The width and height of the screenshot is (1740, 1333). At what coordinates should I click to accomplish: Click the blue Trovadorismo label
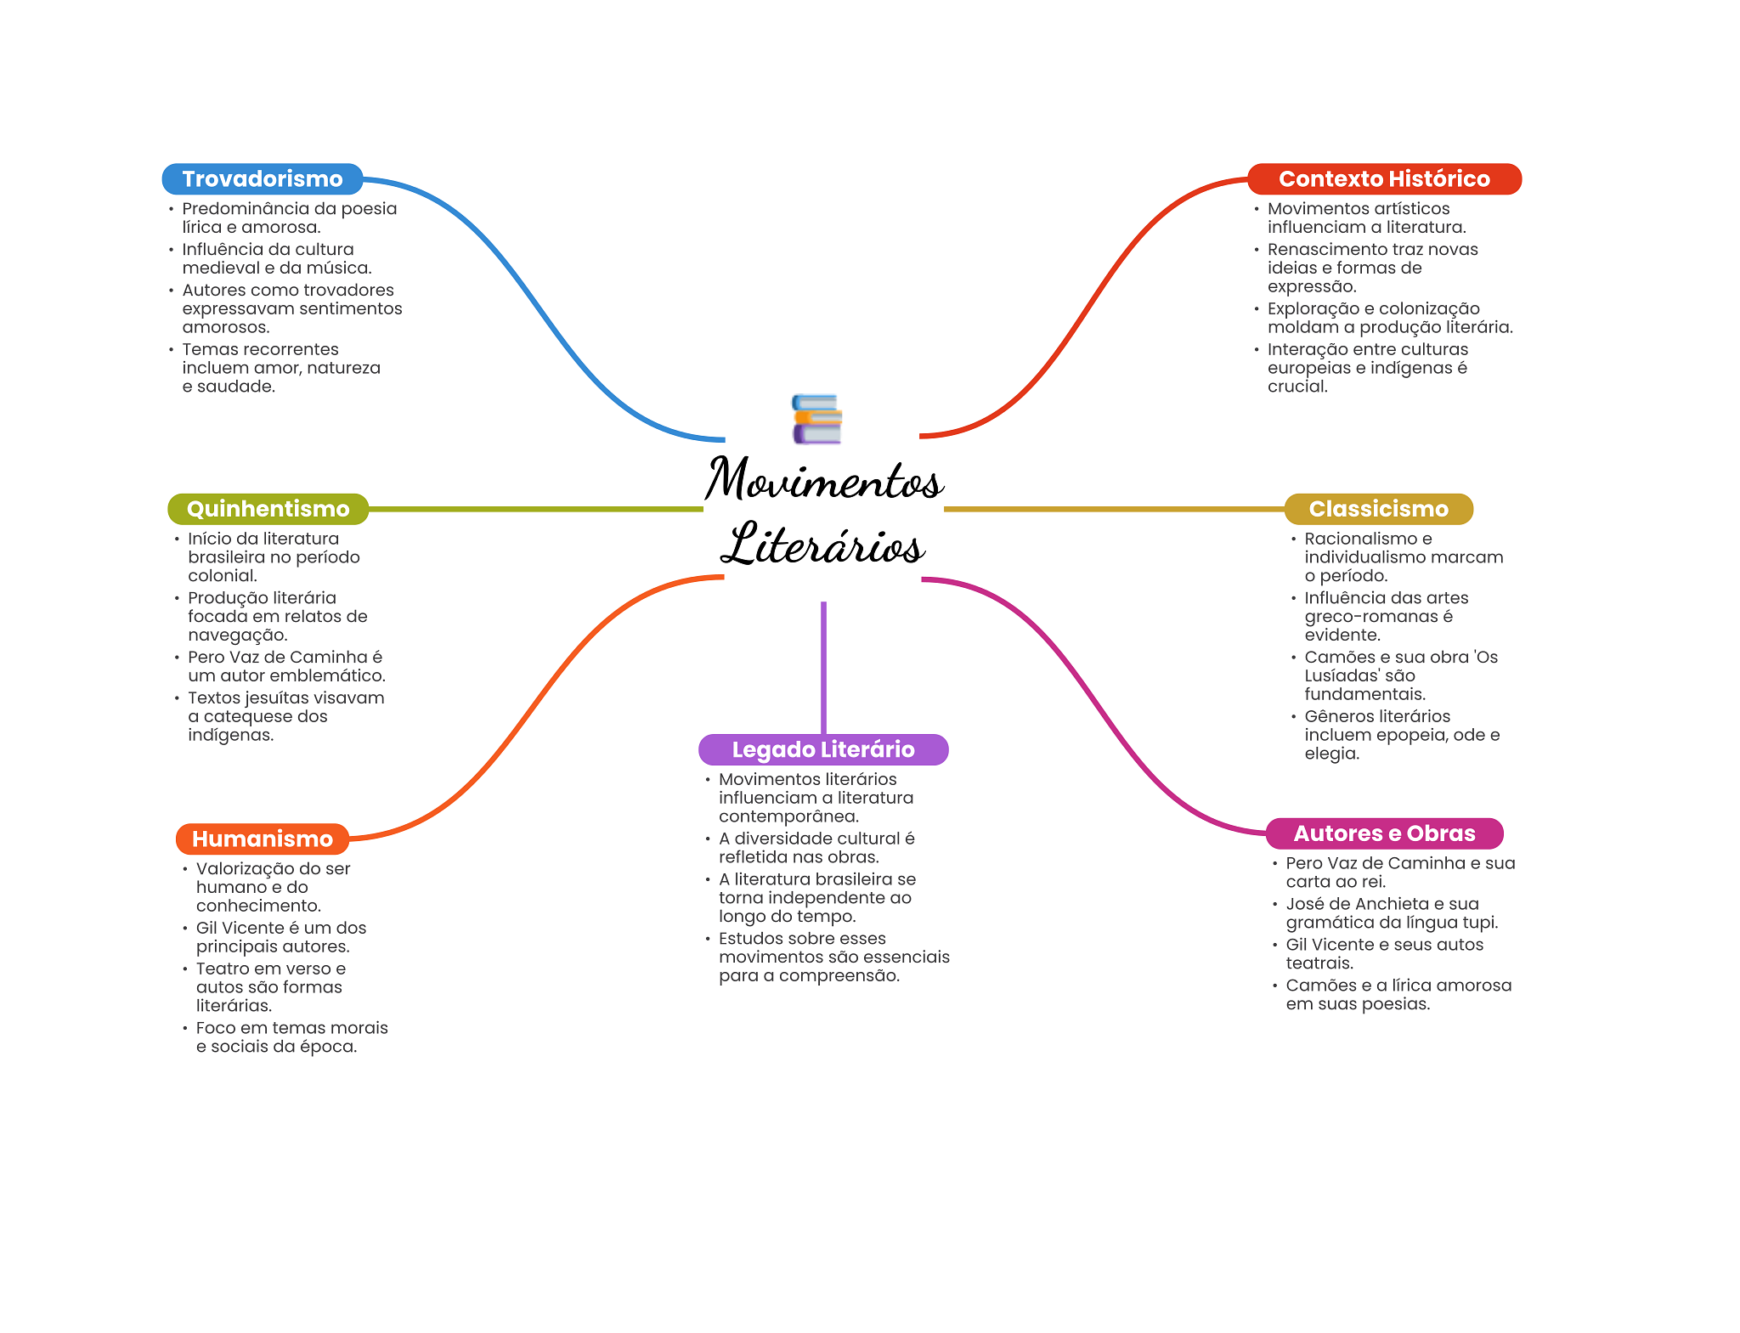coord(263,179)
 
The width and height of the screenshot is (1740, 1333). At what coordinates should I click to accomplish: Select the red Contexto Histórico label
coord(1384,179)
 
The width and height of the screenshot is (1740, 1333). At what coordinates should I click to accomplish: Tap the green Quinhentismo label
coord(268,509)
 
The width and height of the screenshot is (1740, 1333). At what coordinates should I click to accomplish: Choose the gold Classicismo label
coord(1378,509)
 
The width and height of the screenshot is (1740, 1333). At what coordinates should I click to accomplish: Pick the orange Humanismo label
coord(262,839)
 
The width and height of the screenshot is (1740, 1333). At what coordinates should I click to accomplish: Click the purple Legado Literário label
coord(822,749)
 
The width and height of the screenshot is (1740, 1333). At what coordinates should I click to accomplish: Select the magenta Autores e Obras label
coord(1384,833)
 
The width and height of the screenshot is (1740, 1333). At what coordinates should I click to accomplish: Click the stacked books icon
coord(816,418)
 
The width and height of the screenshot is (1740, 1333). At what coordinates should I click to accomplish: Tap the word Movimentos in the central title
coord(823,480)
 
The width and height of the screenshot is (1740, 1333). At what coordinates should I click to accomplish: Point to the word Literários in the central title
coord(822,545)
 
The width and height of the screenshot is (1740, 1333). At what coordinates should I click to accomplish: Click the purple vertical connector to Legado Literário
coord(823,667)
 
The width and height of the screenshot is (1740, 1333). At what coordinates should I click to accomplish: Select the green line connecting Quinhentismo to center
coord(535,509)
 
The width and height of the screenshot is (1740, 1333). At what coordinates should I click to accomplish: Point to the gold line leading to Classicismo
coord(1113,509)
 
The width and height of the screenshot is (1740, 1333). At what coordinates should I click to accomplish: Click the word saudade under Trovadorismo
coord(236,387)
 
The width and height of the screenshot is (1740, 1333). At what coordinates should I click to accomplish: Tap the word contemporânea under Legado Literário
coord(788,816)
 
